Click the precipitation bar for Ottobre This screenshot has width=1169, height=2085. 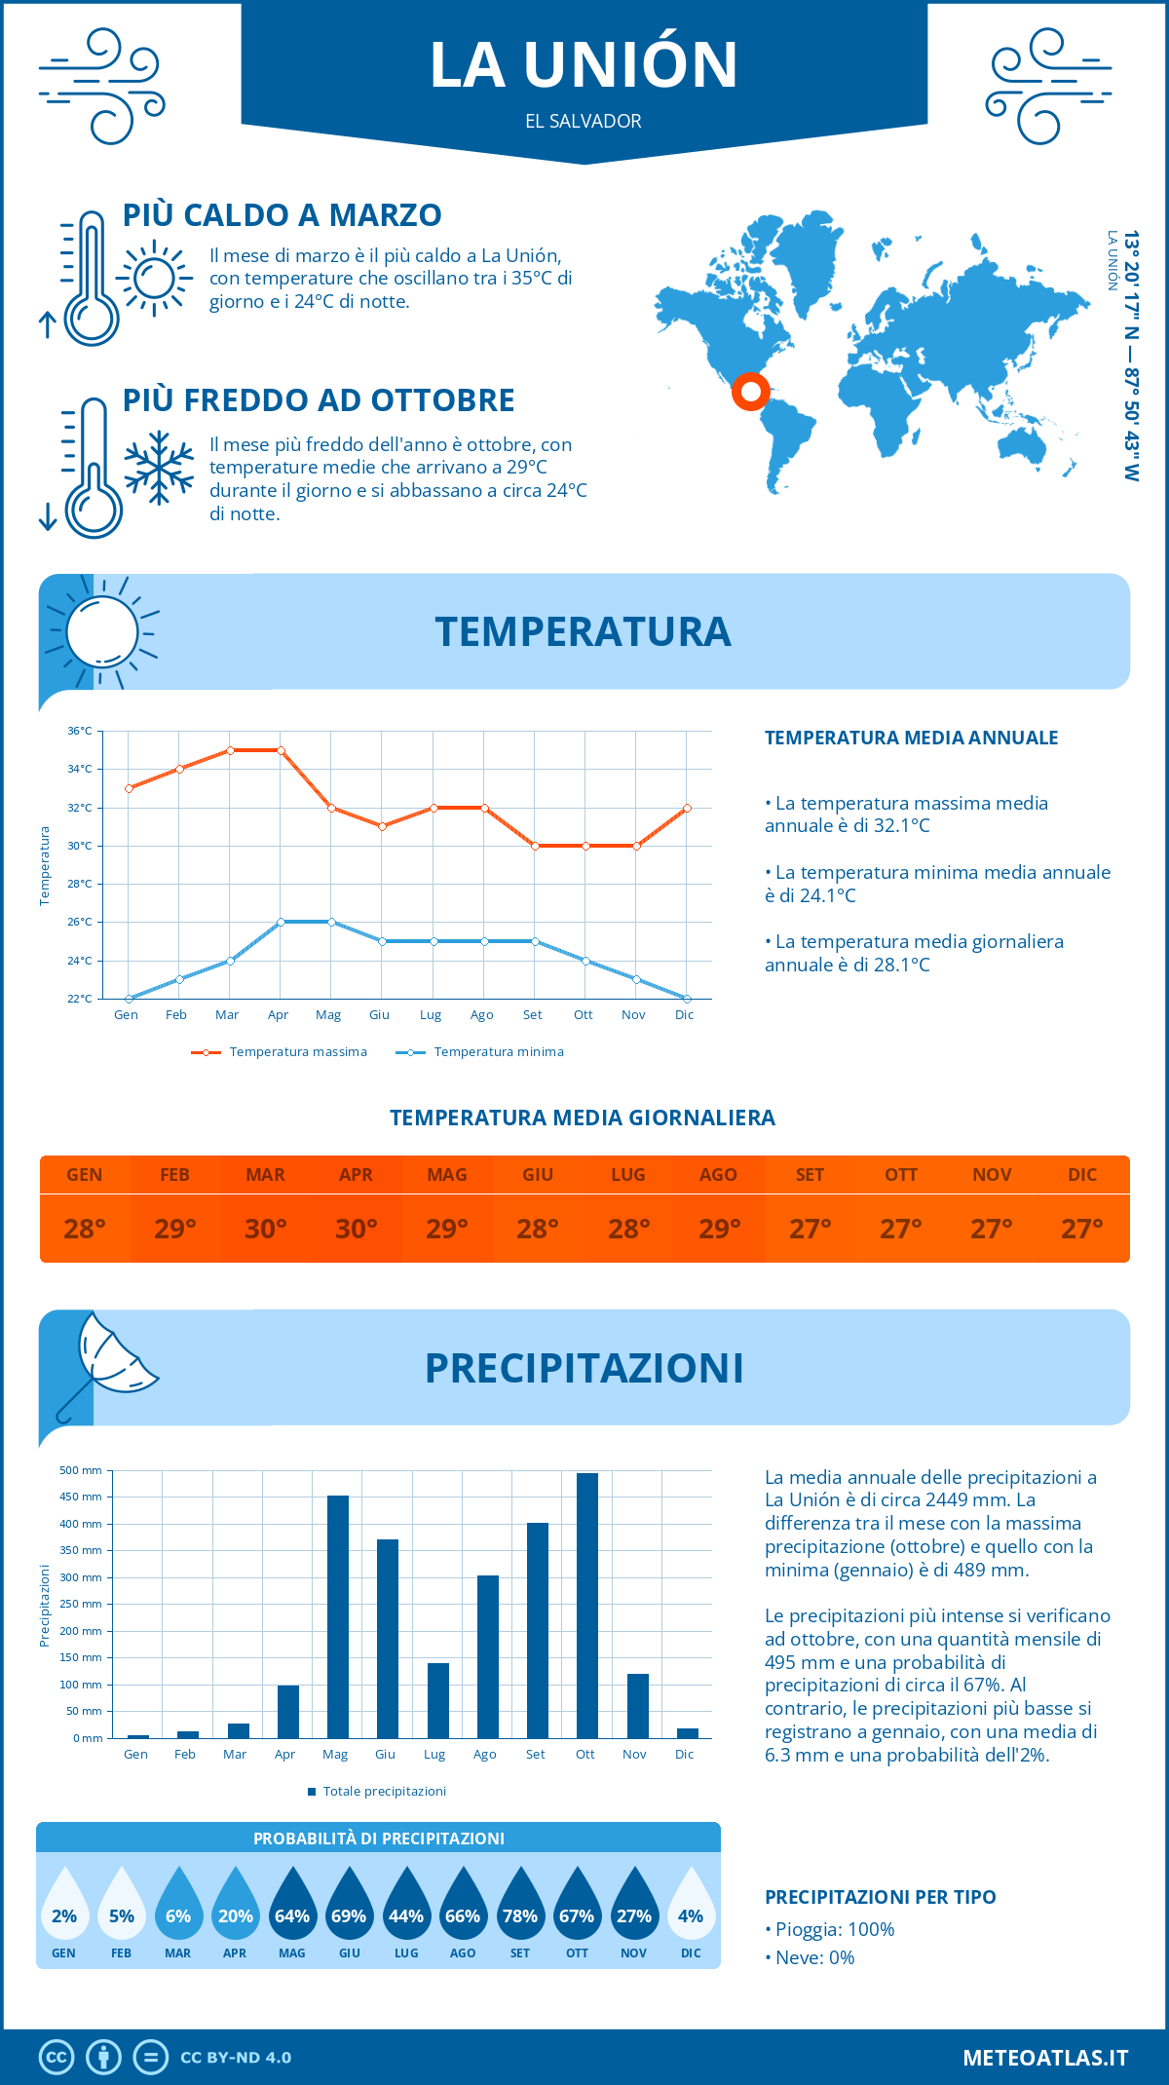586,1606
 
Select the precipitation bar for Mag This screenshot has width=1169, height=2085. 337,1617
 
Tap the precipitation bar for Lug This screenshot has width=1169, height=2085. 438,1701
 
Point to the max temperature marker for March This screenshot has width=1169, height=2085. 230,750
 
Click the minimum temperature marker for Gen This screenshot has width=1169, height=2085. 129,999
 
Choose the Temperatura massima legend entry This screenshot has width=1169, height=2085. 280,1052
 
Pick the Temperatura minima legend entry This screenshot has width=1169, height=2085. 480,1052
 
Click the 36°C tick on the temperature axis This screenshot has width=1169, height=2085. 80,731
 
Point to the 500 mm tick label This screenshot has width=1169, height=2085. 81,1470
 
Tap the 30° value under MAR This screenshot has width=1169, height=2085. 265,1229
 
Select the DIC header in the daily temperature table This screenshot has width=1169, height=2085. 1082,1175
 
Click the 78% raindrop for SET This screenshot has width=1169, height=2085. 520,1906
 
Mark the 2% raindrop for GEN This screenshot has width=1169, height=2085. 64,1906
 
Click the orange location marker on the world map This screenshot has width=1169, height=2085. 751,392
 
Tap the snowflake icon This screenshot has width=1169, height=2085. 159,468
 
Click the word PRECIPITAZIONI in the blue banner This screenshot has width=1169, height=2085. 584,1368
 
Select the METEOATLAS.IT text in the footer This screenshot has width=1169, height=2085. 1045,2058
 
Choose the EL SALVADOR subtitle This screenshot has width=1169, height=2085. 584,122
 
